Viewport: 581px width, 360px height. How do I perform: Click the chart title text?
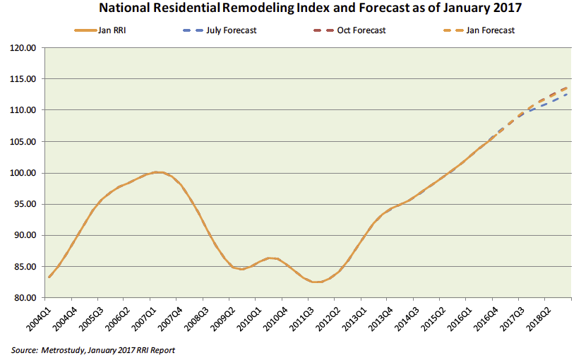tap(290, 9)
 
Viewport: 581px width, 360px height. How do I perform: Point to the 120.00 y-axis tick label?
tap(23, 48)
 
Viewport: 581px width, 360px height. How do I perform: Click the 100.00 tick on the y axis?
tap(23, 173)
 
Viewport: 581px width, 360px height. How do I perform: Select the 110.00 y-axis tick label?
tap(23, 111)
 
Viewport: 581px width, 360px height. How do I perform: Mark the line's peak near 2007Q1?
tap(158, 172)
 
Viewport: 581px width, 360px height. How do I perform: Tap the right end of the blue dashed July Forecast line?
tap(568, 94)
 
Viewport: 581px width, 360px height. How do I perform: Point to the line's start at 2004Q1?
tap(49, 277)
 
